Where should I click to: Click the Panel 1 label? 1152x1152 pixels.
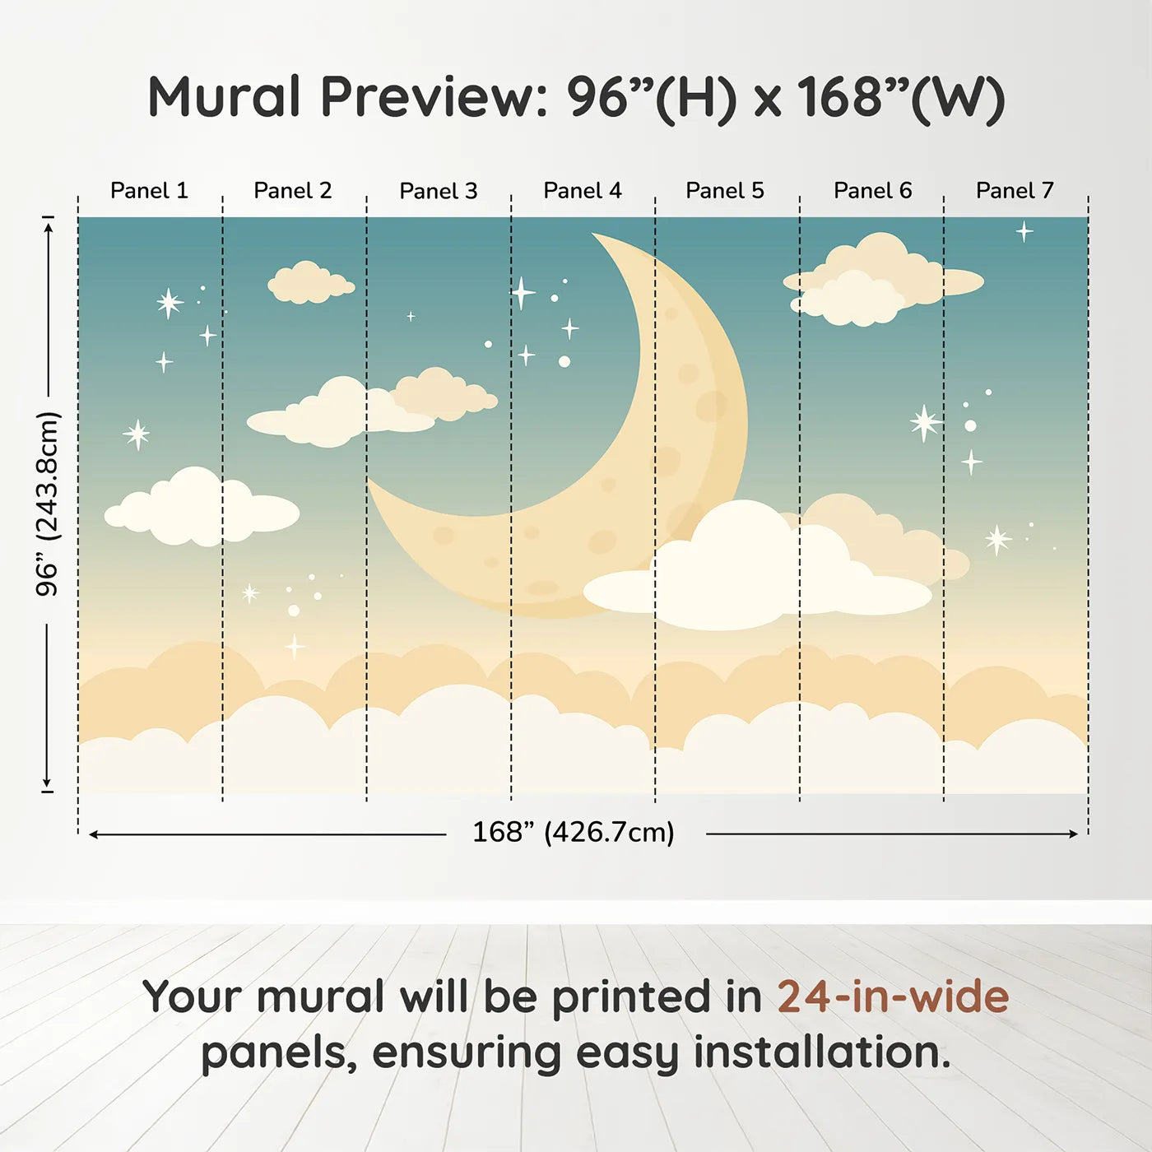pyautogui.click(x=150, y=191)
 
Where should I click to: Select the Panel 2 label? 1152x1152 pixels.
pyautogui.click(x=293, y=191)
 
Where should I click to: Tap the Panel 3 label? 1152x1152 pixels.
pyautogui.click(x=439, y=191)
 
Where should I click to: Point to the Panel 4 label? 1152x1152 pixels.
pyautogui.click(x=583, y=191)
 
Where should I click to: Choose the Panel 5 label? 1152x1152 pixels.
pyautogui.click(x=725, y=191)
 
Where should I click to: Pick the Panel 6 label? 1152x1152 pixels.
pyautogui.click(x=873, y=191)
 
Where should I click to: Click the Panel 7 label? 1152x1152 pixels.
pyautogui.click(x=1015, y=191)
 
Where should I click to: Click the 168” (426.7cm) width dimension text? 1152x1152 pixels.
pyautogui.click(x=574, y=832)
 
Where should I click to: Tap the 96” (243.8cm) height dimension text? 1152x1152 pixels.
pyautogui.click(x=47, y=504)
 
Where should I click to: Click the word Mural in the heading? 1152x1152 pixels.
pyautogui.click(x=224, y=96)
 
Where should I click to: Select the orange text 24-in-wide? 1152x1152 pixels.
pyautogui.click(x=893, y=996)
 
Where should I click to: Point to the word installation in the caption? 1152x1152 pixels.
pyautogui.click(x=822, y=1053)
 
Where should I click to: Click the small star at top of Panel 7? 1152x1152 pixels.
pyautogui.click(x=1024, y=231)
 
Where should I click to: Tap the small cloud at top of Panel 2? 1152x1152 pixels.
pyautogui.click(x=311, y=283)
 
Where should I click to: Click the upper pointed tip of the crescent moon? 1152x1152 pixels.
pyautogui.click(x=593, y=234)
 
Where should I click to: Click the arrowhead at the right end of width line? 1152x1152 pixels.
pyautogui.click(x=1074, y=834)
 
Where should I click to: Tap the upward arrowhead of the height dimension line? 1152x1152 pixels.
pyautogui.click(x=49, y=226)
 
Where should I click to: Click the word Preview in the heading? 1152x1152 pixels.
pyautogui.click(x=434, y=96)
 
